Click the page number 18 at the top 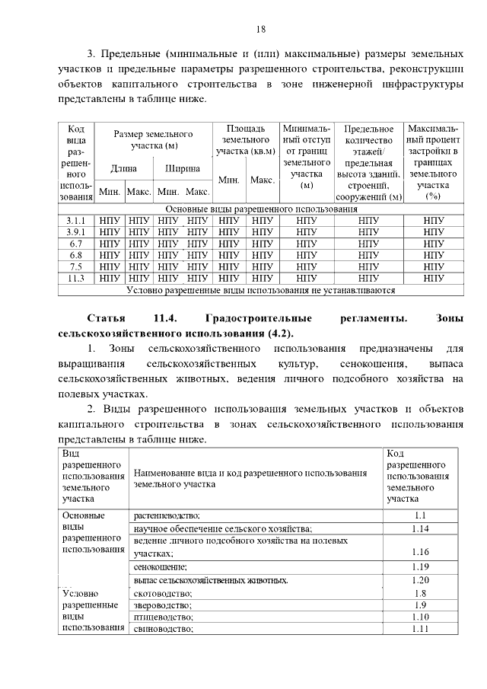[x=260, y=30]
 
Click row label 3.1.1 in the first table [x=75, y=220]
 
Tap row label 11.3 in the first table [x=75, y=278]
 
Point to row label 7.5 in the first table [x=75, y=266]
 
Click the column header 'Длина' [x=124, y=168]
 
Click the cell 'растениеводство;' [x=167, y=515]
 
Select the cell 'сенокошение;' [x=160, y=567]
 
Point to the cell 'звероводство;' [x=161, y=605]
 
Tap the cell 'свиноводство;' [x=163, y=629]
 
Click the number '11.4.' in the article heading [x=165, y=317]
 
